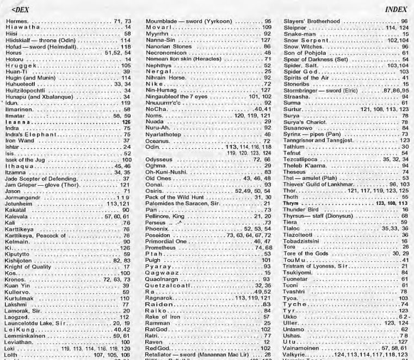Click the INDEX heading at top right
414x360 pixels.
click(400, 10)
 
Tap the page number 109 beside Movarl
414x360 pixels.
click(266, 27)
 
